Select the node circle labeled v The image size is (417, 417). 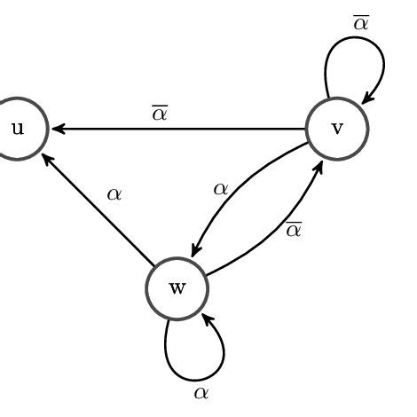click(x=337, y=129)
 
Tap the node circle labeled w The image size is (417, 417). click(x=177, y=289)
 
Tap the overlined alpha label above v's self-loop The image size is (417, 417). click(x=360, y=22)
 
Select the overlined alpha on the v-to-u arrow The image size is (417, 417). click(x=160, y=114)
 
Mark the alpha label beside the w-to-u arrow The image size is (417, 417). click(x=114, y=193)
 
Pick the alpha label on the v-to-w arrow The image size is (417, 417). click(x=221, y=188)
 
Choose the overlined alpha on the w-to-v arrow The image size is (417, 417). click(x=294, y=229)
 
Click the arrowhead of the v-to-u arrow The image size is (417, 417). click(x=58, y=129)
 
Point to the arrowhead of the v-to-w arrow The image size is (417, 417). click(x=197, y=252)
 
